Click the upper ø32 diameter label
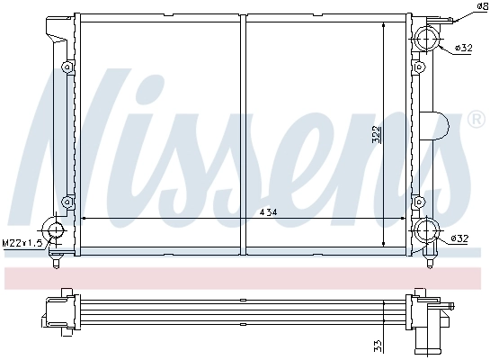coord(463,47)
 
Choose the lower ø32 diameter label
coord(459,238)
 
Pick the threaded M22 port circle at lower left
coord(56,231)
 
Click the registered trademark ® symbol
coord(476,120)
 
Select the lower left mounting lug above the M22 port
coord(67,201)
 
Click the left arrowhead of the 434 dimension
coord(85,219)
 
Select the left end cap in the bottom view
coord(53,310)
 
